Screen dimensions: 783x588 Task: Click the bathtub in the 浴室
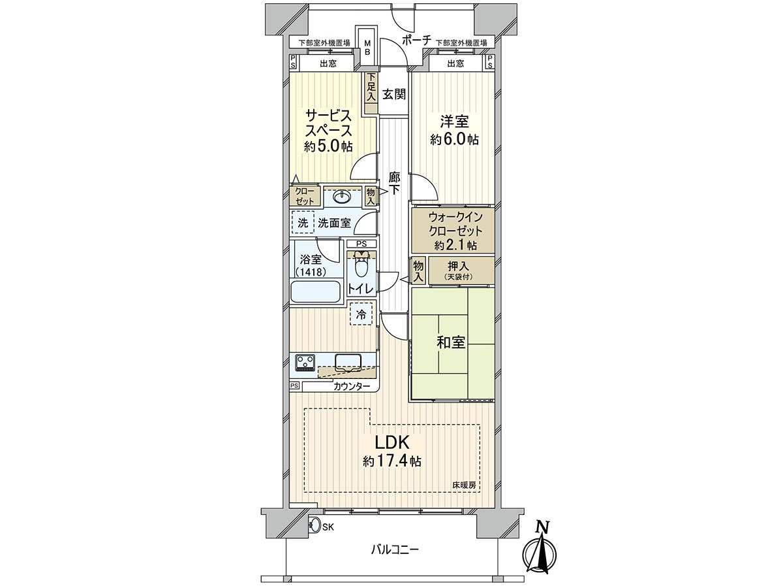[x=315, y=291]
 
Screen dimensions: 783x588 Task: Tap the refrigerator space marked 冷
[x=361, y=314]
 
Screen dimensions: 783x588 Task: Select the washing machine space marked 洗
[x=303, y=223]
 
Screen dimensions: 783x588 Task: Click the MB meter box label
[x=367, y=47]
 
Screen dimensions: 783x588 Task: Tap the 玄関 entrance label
[x=394, y=94]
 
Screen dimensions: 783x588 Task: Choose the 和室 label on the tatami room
[x=451, y=342]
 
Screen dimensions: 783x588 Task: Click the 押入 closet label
[x=459, y=267]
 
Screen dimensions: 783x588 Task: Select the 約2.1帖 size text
[x=455, y=245]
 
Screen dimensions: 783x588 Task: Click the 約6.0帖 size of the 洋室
[x=454, y=140]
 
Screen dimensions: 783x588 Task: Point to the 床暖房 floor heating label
[x=464, y=485]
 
